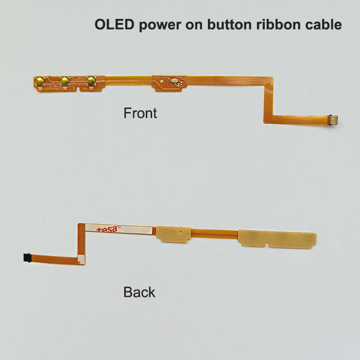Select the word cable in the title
[323, 25]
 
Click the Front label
[140, 112]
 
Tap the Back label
[139, 292]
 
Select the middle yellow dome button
[65, 81]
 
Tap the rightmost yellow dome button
[92, 81]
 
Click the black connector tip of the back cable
[26, 257]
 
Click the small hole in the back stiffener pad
[180, 233]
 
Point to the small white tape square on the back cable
[81, 259]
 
